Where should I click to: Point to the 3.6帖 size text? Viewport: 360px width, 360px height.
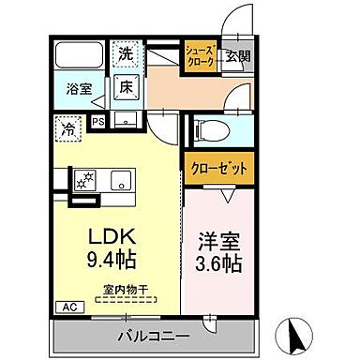point(218,263)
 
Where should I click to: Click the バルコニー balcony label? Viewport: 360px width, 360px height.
point(154,335)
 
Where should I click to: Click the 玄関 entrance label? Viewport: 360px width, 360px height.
point(240,56)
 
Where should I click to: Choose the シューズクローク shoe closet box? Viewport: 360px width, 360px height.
point(201,56)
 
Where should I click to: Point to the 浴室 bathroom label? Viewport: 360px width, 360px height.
point(78,90)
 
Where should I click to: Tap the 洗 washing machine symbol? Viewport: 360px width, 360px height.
point(126,53)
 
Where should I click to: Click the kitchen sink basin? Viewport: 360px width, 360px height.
point(123,178)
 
